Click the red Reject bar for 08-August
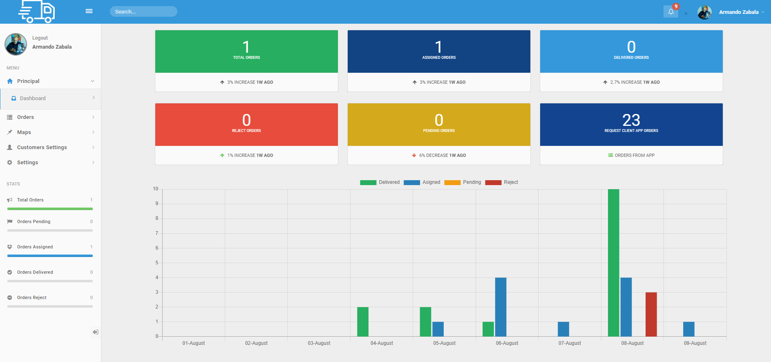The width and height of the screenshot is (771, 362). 651,314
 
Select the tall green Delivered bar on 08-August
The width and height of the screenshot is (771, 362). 613,263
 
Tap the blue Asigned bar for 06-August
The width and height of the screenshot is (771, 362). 501,307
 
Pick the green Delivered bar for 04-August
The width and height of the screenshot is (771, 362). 363,322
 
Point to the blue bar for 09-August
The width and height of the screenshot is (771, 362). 688,329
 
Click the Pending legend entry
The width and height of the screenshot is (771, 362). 463,182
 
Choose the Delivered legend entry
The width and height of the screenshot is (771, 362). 380,182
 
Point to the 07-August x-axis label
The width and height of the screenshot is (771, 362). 570,343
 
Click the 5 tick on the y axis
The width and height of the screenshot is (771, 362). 156,263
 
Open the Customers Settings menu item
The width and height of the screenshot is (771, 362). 42,147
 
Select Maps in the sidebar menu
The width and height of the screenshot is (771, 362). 24,132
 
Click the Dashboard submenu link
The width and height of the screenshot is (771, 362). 33,98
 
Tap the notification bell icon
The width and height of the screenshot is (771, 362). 670,12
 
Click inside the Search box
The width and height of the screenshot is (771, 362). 143,11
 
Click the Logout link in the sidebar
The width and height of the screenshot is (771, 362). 40,38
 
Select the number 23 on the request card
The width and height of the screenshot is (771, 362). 631,120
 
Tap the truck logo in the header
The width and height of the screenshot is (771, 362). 37,11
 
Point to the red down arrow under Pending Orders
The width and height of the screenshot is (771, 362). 414,155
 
